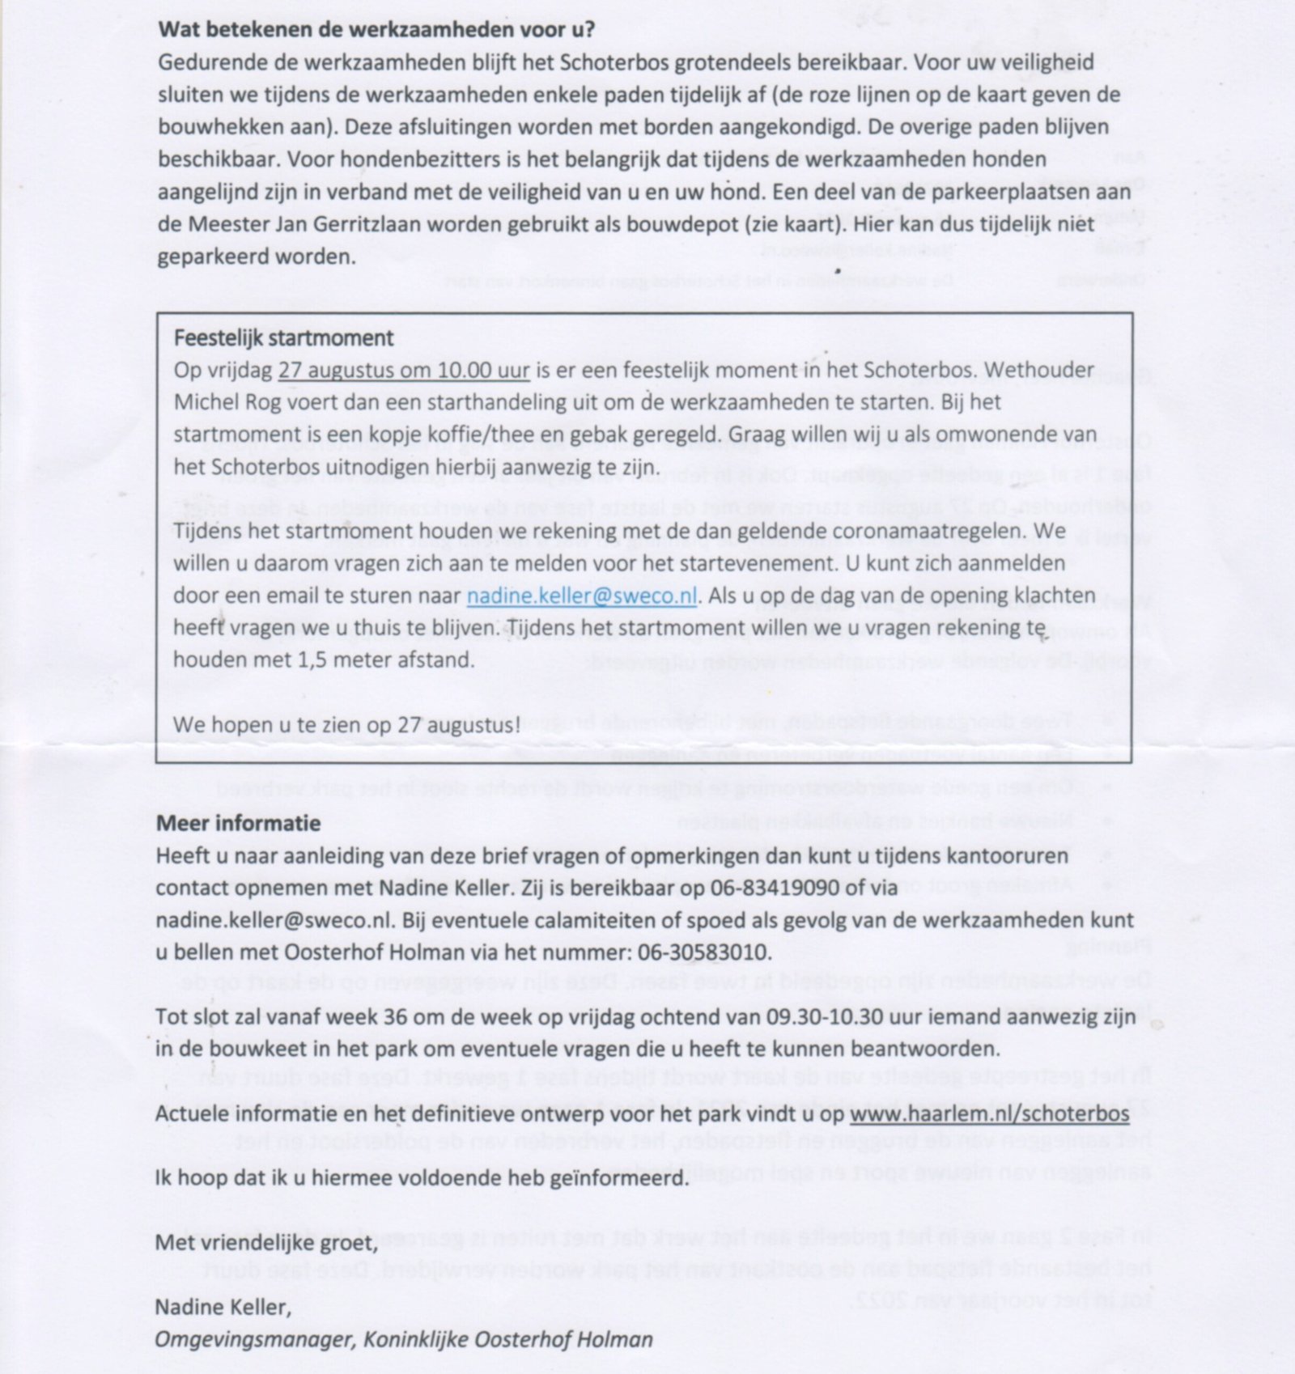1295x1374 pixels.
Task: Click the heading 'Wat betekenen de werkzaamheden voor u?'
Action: [x=376, y=31]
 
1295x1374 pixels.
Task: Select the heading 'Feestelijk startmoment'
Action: [x=284, y=337]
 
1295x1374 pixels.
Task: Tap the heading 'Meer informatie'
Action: [x=238, y=824]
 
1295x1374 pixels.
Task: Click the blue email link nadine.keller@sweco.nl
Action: [x=582, y=596]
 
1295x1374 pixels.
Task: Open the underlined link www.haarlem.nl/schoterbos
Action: [x=989, y=1113]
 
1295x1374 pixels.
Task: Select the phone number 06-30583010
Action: [x=703, y=952]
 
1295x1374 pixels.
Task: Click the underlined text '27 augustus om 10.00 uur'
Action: [x=404, y=371]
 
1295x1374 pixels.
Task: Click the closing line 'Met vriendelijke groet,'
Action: [x=266, y=1242]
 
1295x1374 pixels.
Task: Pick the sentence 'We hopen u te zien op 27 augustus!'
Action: [x=347, y=725]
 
